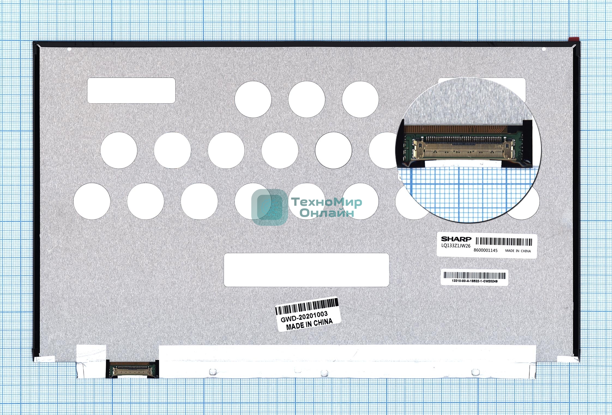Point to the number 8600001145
coord(486,250)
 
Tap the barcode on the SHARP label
coord(504,242)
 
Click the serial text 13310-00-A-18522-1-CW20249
coord(475,281)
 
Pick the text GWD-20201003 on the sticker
coord(304,317)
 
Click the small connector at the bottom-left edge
coord(132,369)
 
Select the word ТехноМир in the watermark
coord(327,202)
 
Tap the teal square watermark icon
coord(270,207)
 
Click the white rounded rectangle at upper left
coord(131,91)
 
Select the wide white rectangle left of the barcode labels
coord(306,270)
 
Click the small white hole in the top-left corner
coord(69,49)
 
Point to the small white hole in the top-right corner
coord(544,49)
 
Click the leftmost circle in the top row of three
coord(253,100)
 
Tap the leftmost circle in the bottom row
coord(92,201)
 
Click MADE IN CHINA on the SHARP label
coord(518,251)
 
